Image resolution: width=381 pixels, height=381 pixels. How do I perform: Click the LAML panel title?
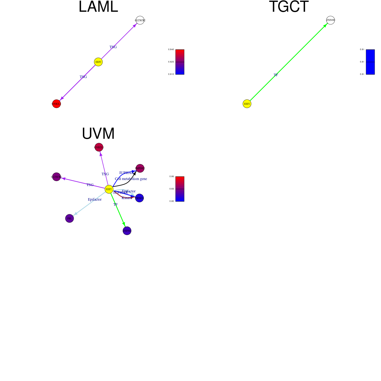(98, 7)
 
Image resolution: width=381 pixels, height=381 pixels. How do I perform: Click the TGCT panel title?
(289, 7)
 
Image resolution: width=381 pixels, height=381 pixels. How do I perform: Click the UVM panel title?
(98, 134)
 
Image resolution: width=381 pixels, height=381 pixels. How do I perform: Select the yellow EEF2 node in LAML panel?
(98, 62)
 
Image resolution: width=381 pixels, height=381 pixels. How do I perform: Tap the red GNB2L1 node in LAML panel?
(57, 104)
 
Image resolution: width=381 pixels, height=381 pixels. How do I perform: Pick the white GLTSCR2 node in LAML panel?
(140, 20)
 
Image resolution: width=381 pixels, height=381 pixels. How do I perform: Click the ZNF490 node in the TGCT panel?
(331, 20)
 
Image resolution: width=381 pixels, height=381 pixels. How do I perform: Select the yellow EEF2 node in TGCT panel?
(247, 104)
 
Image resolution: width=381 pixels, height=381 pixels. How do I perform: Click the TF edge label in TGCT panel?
(276, 75)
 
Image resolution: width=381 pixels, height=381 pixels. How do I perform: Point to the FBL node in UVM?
(70, 218)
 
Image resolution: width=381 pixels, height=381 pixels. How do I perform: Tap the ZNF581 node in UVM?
(127, 231)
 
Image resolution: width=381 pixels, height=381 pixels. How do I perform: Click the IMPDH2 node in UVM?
(140, 168)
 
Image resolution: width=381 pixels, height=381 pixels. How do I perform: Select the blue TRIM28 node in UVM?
(139, 198)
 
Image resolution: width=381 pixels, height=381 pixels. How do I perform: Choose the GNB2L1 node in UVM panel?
(99, 147)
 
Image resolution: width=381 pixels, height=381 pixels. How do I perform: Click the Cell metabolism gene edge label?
(131, 179)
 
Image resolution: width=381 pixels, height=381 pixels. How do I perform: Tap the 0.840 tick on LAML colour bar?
(171, 50)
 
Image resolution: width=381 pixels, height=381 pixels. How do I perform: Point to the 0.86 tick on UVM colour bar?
(171, 177)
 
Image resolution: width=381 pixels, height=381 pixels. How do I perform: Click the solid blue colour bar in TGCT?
(370, 62)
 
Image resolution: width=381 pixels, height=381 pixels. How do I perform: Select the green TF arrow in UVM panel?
(118, 211)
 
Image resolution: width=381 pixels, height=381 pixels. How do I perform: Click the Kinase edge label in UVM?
(126, 198)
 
